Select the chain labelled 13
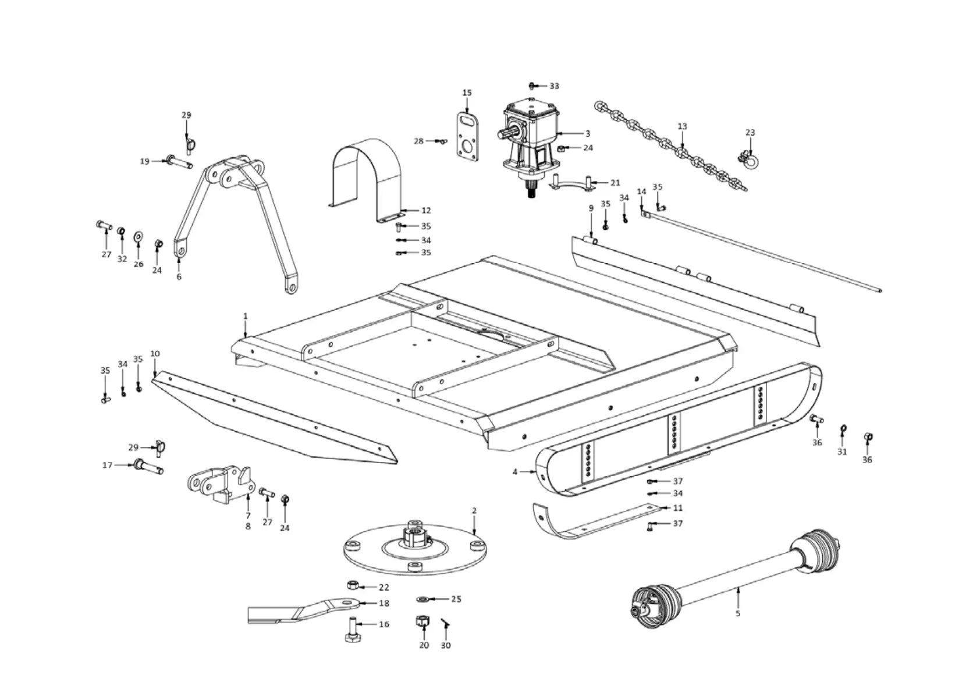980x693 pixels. [669, 145]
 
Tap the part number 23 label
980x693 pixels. [750, 133]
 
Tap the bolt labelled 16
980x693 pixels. [353, 629]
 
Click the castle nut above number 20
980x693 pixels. [423, 621]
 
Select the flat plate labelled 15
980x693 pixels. [467, 137]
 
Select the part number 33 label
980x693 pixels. [553, 86]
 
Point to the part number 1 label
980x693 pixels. [245, 316]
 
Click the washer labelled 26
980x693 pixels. [139, 237]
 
